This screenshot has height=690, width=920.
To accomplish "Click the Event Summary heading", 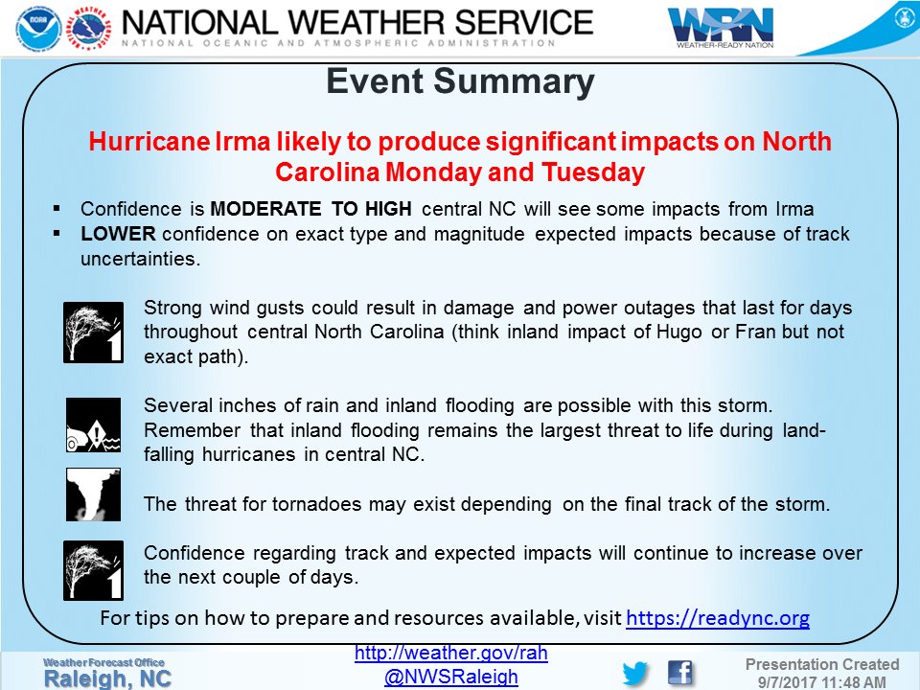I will [460, 82].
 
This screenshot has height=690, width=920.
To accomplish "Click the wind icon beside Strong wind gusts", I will [93, 332].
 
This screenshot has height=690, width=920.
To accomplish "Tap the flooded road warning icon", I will [93, 425].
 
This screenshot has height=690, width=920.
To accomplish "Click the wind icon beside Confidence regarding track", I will [93, 569].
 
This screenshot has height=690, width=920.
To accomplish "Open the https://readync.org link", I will [717, 619].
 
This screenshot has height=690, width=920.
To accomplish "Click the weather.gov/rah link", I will [450, 654].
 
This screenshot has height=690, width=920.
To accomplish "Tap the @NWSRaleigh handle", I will [450, 677].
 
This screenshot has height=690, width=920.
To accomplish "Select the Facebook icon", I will [679, 672].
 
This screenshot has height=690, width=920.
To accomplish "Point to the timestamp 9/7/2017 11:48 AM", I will [822, 680].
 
